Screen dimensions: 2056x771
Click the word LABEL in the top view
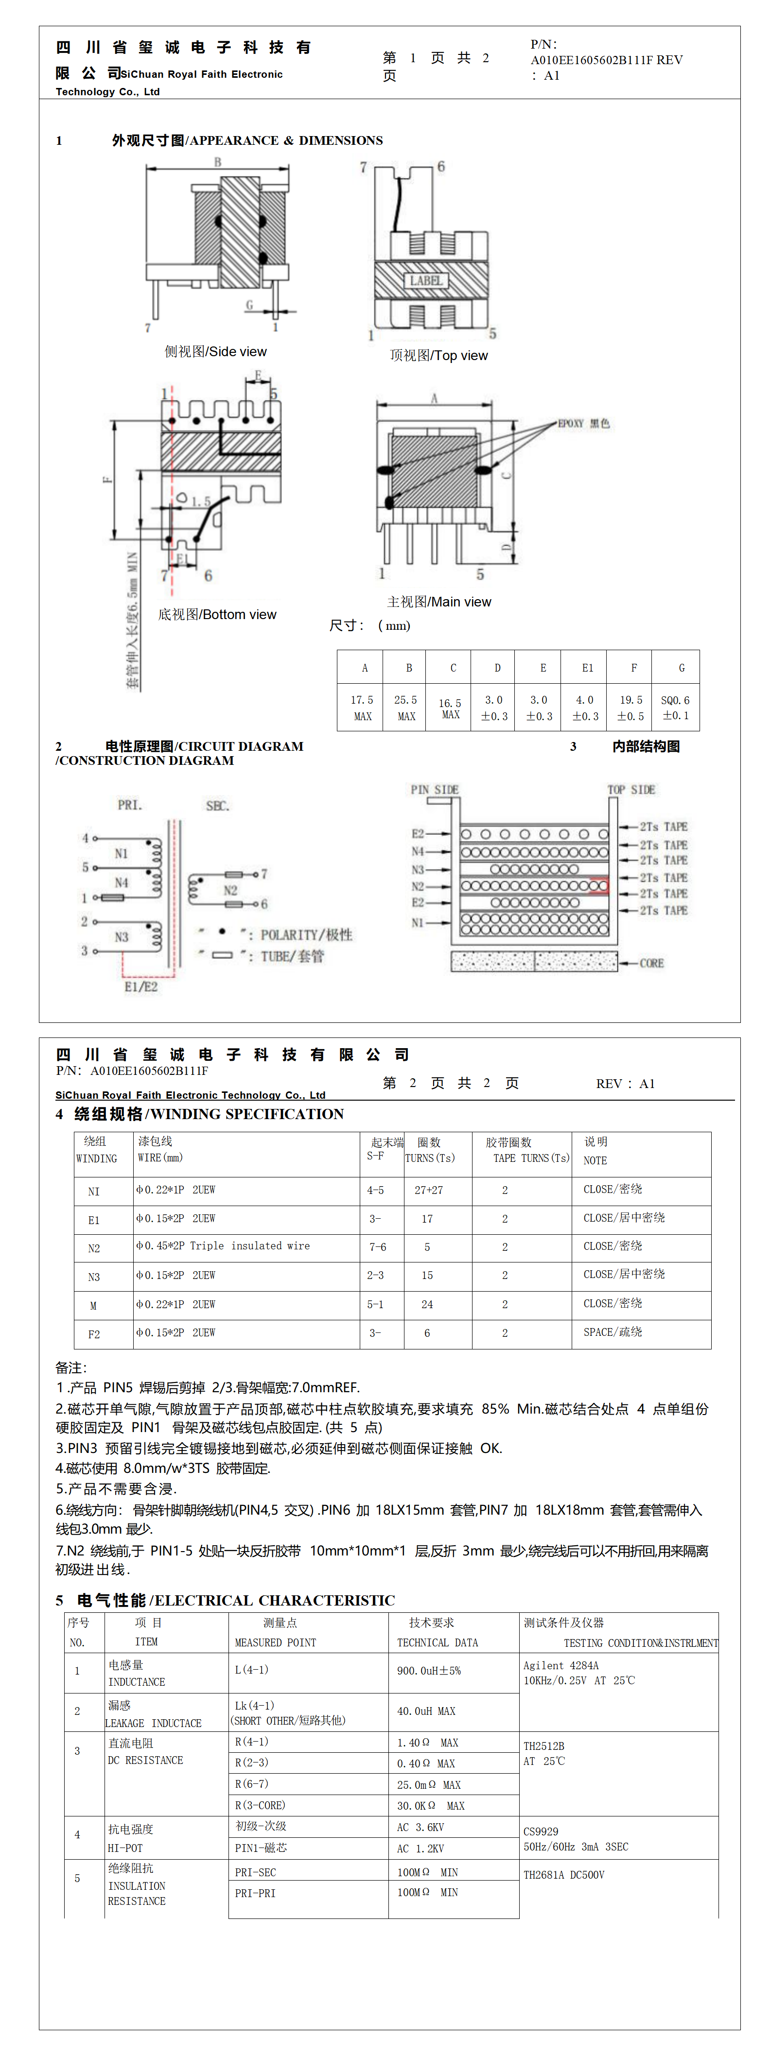coord(426,281)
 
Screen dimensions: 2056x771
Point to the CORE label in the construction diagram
coord(651,963)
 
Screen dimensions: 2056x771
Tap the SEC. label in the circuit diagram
coord(218,806)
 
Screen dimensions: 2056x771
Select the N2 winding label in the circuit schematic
coord(230,890)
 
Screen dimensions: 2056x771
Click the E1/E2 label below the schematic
coord(141,986)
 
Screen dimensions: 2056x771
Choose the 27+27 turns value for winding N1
coord(429,1190)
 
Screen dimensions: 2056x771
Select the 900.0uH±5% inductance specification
coord(429,1671)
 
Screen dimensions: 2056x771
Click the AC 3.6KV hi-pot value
coord(421,1828)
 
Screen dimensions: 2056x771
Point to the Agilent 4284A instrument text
coord(561,1666)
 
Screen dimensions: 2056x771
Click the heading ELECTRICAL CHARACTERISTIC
coord(275,1600)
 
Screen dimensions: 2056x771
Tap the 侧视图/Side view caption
coord(215,352)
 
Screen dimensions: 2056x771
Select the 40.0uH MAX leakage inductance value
coord(426,1711)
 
